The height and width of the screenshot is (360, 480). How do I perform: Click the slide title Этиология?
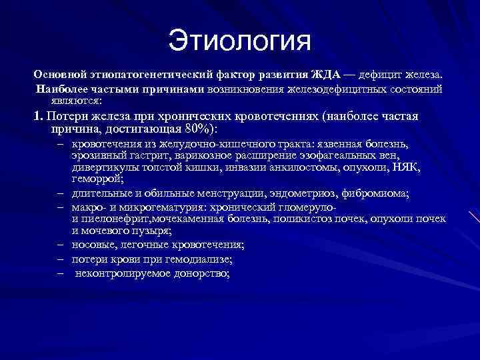[239, 41]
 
